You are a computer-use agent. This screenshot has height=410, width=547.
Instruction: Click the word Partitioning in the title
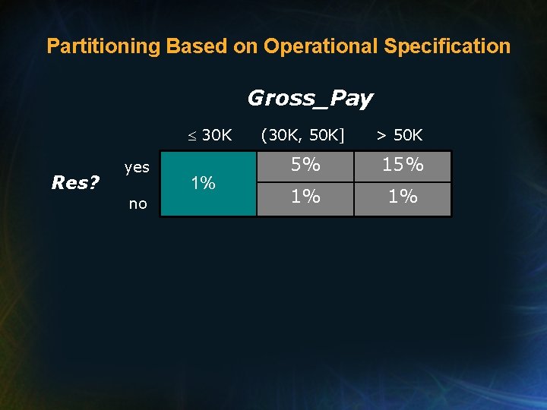pos(103,46)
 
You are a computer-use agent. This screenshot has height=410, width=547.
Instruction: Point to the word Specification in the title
pos(447,46)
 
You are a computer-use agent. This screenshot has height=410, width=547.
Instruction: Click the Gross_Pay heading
pos(310,98)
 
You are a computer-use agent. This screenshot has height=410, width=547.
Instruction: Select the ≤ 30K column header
pos(210,136)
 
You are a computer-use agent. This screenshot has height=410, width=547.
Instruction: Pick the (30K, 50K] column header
pos(302,136)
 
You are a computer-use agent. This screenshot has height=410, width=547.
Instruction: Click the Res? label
pos(75,183)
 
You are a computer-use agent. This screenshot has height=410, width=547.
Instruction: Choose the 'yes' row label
pos(137,167)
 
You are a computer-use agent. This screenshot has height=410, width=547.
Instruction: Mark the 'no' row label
pos(138,203)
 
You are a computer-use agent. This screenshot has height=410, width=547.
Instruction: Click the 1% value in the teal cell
pos(203,183)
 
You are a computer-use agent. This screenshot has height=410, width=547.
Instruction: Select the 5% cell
pos(305,165)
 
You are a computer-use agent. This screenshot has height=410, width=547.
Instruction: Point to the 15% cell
pos(403,165)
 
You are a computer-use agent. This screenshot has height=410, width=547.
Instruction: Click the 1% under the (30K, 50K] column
pos(305,197)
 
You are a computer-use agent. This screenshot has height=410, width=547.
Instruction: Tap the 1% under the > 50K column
pos(403,197)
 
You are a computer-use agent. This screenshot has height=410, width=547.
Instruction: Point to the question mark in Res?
pos(95,183)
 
